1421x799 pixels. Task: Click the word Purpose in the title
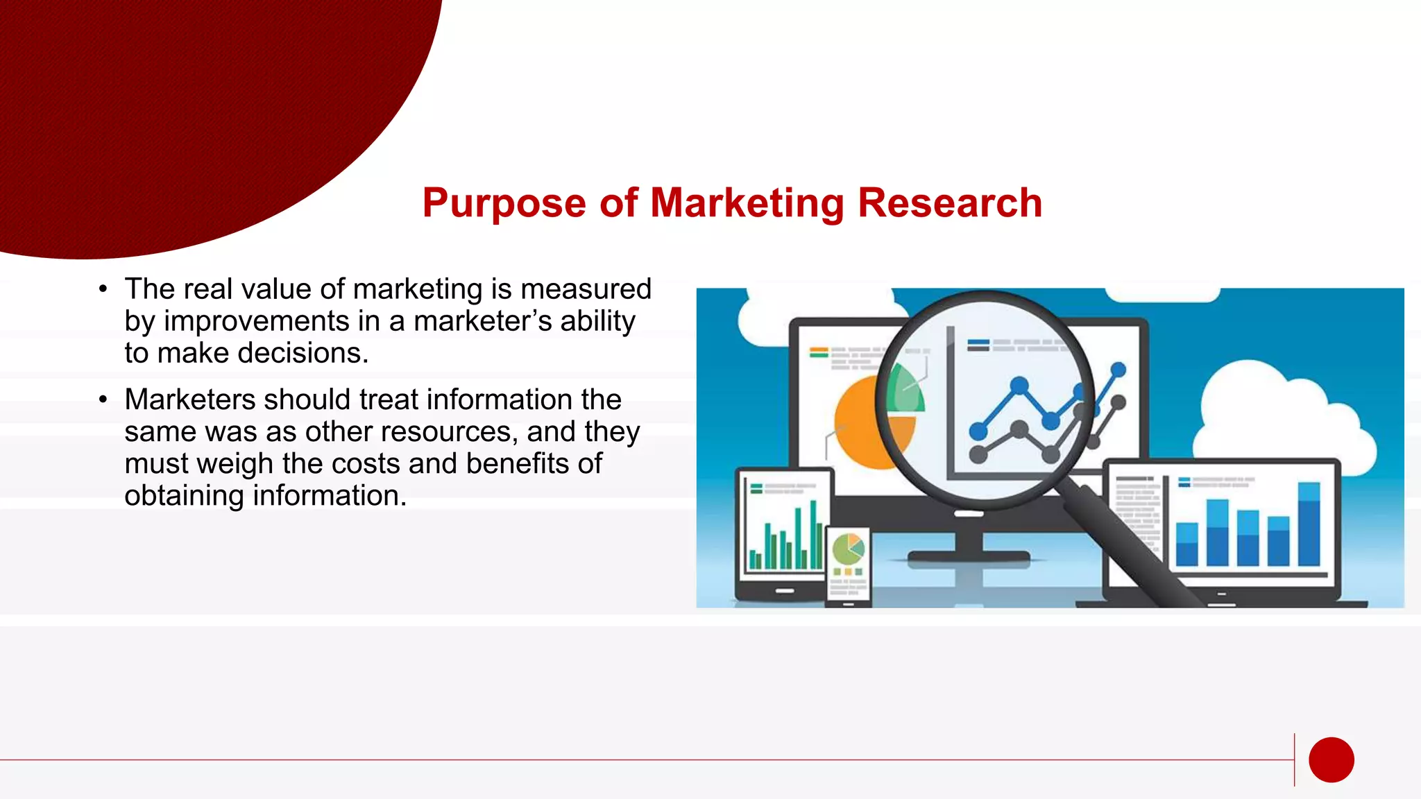point(504,203)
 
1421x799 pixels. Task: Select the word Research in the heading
point(950,203)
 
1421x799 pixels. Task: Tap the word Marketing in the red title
point(747,203)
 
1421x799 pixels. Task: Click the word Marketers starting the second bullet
point(189,399)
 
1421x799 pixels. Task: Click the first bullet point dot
point(103,289)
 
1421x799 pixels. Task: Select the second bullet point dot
point(103,399)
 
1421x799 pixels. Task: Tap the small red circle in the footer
point(1331,759)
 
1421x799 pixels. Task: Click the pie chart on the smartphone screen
point(848,549)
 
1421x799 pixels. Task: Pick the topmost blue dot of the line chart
point(1118,370)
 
